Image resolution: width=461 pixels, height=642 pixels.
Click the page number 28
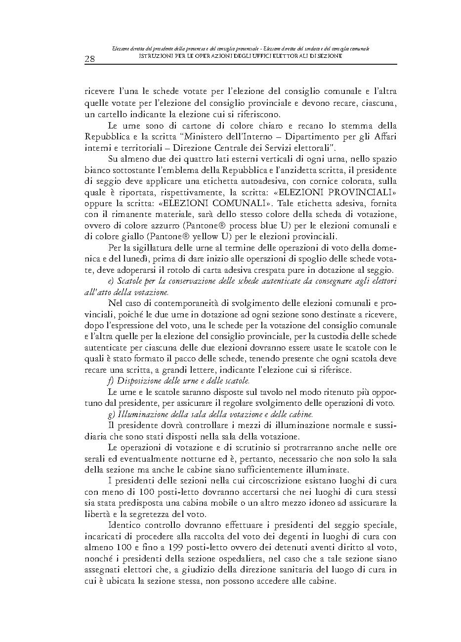pyautogui.click(x=90, y=59)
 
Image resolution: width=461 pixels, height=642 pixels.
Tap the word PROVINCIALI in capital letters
pyautogui.click(x=357, y=192)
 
